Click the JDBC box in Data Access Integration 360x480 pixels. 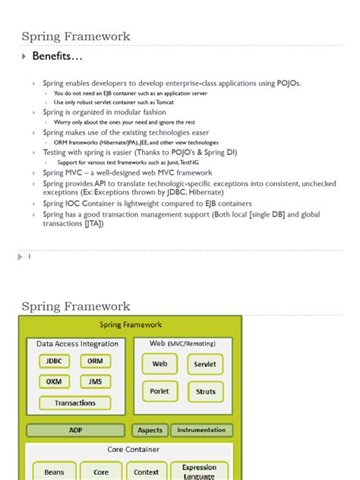point(54,362)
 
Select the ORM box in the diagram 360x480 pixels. point(95,362)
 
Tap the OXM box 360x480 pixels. point(54,381)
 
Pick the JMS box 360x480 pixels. point(95,381)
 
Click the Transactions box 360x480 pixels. point(74,403)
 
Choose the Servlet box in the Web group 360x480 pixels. point(205,364)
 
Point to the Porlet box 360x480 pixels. point(159,391)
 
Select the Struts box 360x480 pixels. point(205,392)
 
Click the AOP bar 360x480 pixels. point(75,430)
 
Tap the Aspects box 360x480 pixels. point(150,430)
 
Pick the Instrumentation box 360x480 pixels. point(201,430)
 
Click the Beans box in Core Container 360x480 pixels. point(54,472)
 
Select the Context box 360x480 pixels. point(146,472)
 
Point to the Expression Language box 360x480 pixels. point(200,471)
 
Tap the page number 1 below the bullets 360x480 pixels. point(29,257)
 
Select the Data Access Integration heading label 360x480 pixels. point(77,344)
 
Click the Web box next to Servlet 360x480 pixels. point(159,364)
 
